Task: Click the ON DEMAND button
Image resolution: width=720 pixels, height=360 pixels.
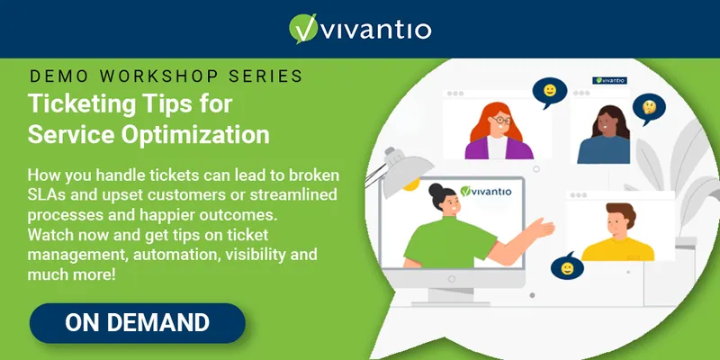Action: [x=138, y=323]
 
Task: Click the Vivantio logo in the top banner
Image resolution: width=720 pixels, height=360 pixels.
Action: [x=360, y=29]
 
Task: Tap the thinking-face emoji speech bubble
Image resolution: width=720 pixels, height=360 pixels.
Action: [x=649, y=108]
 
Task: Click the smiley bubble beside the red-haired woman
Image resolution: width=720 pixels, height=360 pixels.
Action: [x=550, y=92]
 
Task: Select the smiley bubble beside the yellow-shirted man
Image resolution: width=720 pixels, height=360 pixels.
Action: [x=567, y=267]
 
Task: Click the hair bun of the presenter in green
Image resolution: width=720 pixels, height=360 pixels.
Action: [x=436, y=190]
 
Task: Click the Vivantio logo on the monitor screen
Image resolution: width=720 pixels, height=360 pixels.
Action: [x=485, y=191]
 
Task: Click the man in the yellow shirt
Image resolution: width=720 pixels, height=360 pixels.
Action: [x=618, y=232]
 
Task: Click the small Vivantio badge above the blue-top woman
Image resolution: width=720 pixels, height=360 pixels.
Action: [x=610, y=80]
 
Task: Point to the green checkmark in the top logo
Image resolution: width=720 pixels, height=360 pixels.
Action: [x=304, y=29]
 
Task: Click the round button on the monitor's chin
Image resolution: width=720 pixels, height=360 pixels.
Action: [x=452, y=279]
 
